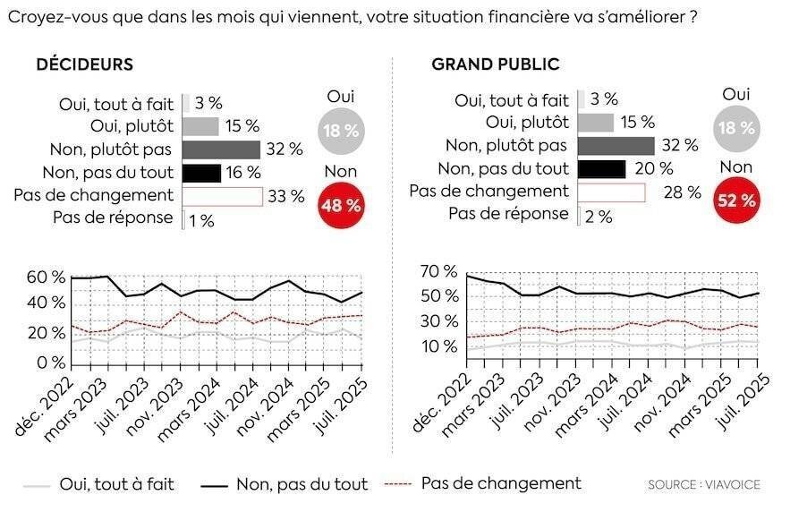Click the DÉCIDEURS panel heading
tap(84, 64)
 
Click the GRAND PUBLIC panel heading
tap(495, 64)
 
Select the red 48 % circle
tap(340, 205)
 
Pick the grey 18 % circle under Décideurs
tap(340, 131)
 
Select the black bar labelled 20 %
tap(601, 168)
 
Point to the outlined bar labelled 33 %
tap(223, 196)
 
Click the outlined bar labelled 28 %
tap(611, 192)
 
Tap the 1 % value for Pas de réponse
tap(201, 220)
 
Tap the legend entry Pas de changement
tap(500, 483)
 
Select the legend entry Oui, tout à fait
tap(116, 484)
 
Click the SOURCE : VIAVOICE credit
tap(704, 485)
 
